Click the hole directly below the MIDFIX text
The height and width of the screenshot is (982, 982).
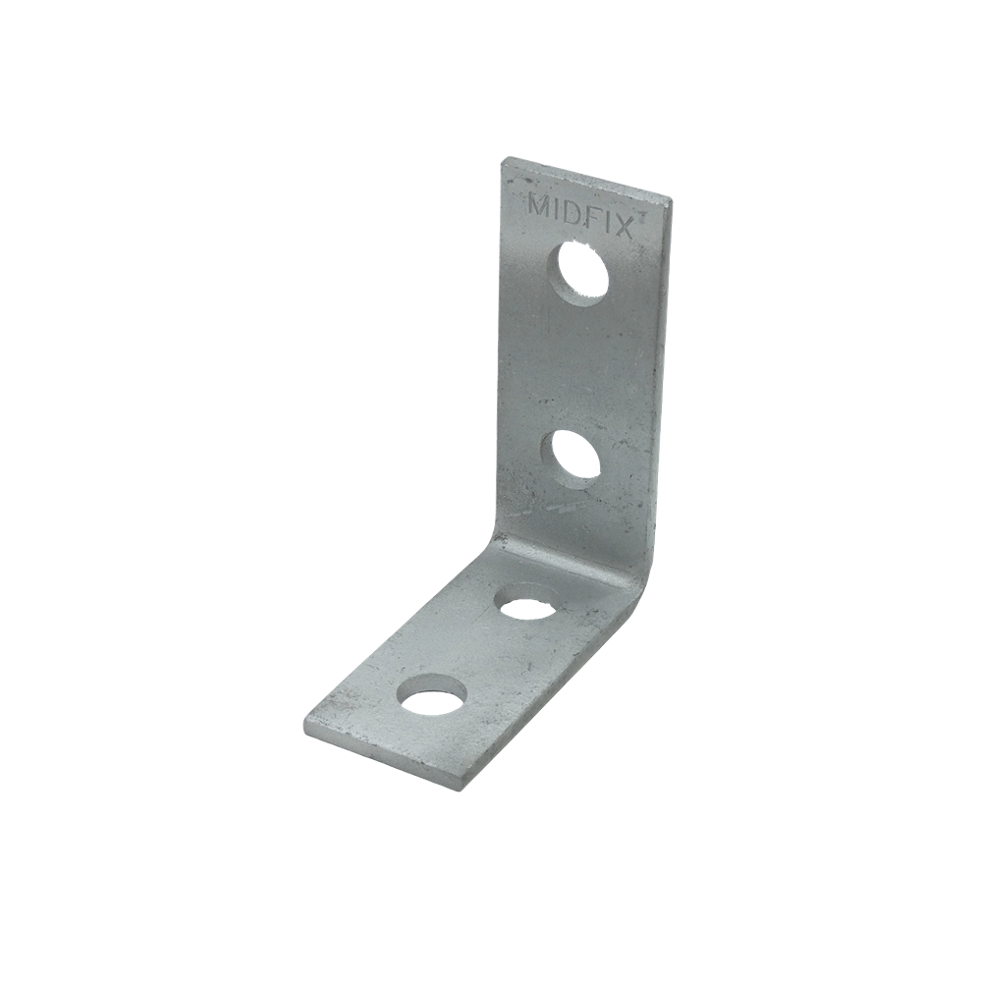click(x=579, y=270)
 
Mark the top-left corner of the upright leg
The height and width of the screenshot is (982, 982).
click(x=505, y=159)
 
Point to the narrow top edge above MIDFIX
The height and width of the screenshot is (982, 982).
click(x=589, y=179)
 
